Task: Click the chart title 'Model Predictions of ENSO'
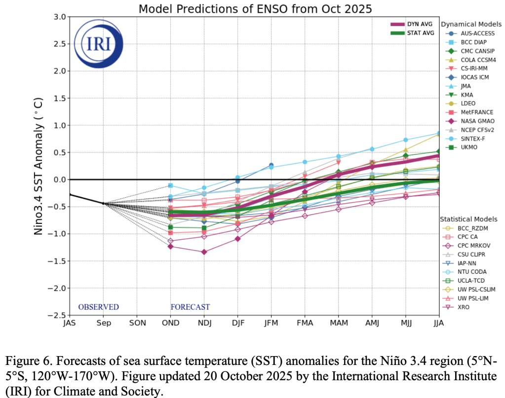(255, 8)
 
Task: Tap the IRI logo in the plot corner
(98, 43)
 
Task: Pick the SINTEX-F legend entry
(475, 139)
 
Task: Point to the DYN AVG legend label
(421, 24)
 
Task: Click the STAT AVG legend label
(421, 33)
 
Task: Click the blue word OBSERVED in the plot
(98, 307)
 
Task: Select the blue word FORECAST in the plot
(190, 307)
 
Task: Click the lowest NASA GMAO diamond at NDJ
(204, 252)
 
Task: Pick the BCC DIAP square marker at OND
(170, 185)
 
